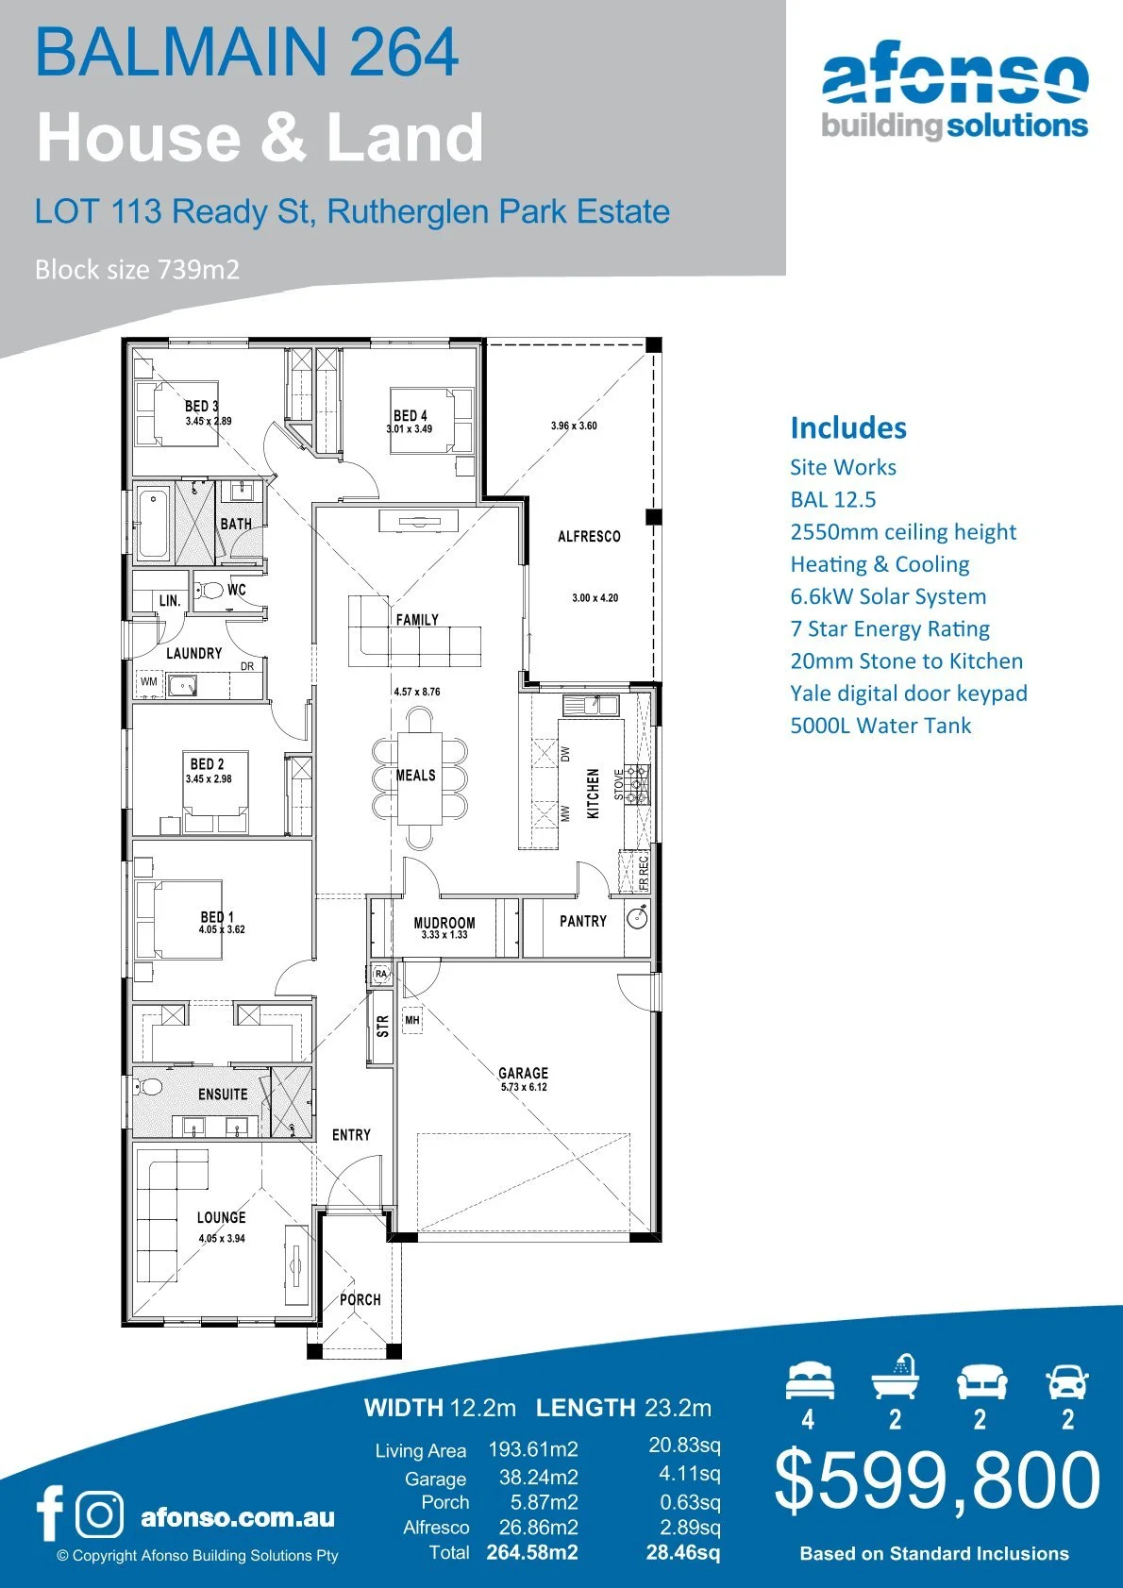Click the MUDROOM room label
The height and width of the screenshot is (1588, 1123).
tap(444, 923)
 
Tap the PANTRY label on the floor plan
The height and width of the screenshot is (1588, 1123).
tap(583, 921)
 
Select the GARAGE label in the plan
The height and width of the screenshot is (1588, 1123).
tap(523, 1073)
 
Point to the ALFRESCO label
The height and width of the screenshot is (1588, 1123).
tap(589, 536)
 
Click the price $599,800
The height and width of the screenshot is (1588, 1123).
tap(937, 1479)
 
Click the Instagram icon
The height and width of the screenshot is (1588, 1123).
tap(99, 1514)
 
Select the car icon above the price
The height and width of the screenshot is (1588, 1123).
tap(1067, 1382)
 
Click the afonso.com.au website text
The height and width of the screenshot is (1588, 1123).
tap(237, 1517)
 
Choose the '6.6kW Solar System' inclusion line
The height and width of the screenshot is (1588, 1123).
tap(888, 596)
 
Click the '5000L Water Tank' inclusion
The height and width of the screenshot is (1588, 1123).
tap(880, 726)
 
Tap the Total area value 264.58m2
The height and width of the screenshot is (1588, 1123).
tap(532, 1552)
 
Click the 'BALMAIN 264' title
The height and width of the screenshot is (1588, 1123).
tap(247, 53)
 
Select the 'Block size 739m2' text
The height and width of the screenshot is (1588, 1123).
tap(137, 270)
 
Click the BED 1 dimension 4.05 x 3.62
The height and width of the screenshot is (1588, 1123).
tap(222, 929)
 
